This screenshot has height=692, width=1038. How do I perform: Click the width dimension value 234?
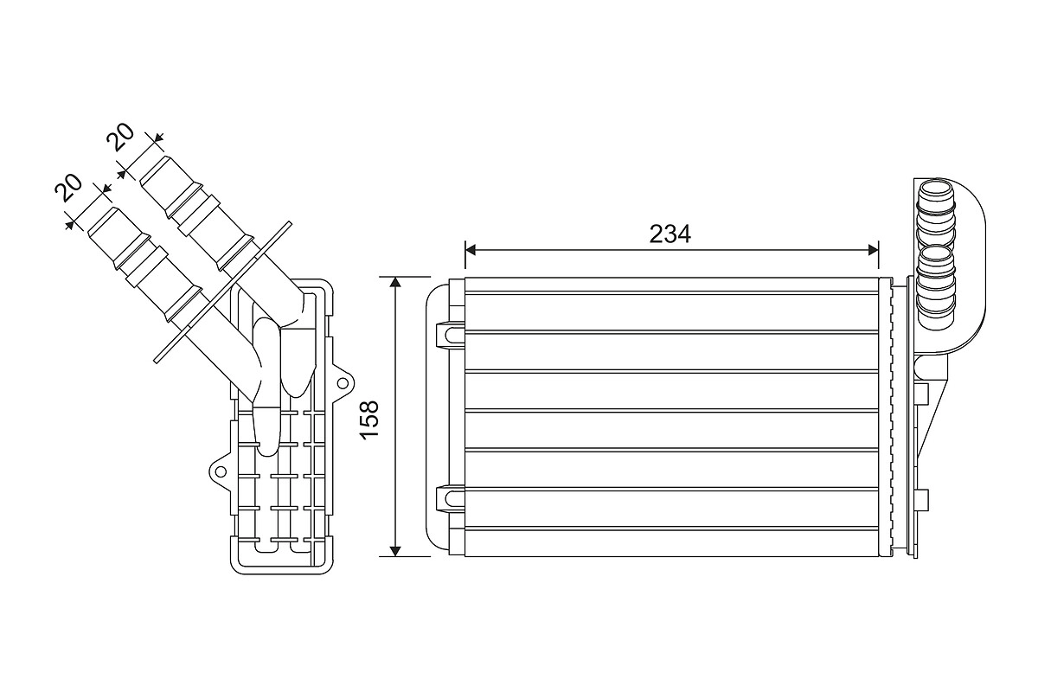670,234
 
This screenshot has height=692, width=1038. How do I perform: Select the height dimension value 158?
369,418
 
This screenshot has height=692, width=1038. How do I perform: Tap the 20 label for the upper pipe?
119,138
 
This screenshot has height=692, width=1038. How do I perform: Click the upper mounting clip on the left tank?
449,333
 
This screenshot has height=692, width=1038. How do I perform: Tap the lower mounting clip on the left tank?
449,498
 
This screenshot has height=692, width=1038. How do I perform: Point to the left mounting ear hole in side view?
220,471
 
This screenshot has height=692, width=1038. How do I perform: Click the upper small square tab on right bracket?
922,394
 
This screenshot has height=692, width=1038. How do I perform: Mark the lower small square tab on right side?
922,499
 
